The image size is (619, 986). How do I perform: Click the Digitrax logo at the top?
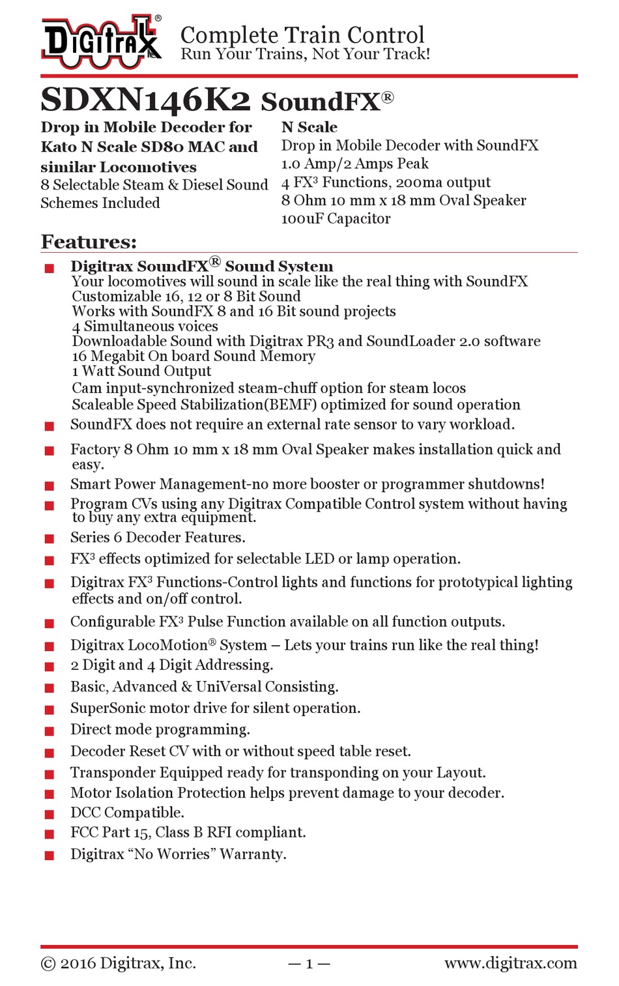(x=101, y=41)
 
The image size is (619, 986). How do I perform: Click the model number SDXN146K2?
(x=145, y=100)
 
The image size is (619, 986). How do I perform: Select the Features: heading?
(x=89, y=242)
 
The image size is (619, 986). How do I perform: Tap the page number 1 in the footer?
(x=309, y=964)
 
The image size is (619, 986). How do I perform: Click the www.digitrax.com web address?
(x=510, y=963)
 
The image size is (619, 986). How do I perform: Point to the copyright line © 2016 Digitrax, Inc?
(x=118, y=963)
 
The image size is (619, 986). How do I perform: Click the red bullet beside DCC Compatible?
(x=49, y=814)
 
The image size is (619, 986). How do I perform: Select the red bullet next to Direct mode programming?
(x=49, y=731)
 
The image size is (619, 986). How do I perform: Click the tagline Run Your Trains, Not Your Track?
(x=305, y=54)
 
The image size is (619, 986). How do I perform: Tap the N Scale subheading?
(x=309, y=127)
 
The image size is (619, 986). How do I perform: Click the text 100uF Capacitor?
(x=336, y=218)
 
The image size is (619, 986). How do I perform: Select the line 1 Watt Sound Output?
(x=141, y=371)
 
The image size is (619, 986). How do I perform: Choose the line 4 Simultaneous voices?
(x=145, y=326)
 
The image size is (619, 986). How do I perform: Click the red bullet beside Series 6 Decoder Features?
(x=49, y=538)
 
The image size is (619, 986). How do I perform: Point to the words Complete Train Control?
(x=302, y=35)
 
